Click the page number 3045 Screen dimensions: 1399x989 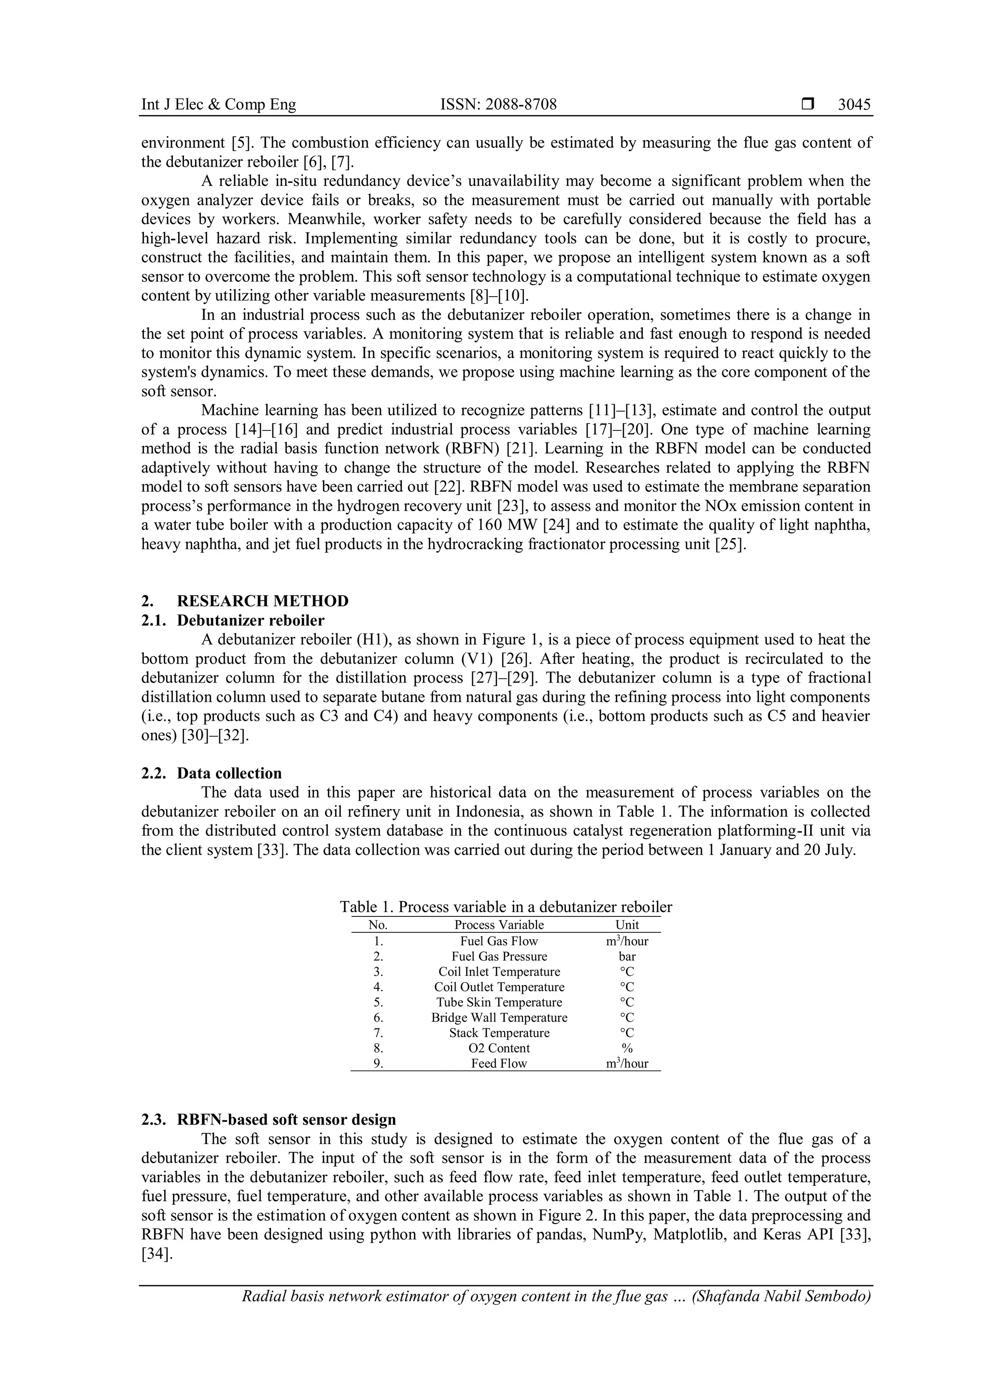point(854,105)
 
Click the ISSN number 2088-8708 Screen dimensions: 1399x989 point(498,105)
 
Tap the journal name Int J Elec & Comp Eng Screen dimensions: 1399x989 point(219,105)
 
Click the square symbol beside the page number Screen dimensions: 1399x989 point(808,105)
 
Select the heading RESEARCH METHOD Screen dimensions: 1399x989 point(263,601)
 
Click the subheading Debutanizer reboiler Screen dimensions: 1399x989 point(250,620)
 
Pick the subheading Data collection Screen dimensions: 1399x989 point(229,773)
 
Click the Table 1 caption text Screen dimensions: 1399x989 point(506,907)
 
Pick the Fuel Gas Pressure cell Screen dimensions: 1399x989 point(499,956)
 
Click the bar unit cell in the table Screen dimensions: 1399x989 point(627,956)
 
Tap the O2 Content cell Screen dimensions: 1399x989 point(499,1048)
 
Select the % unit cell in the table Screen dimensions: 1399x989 point(627,1048)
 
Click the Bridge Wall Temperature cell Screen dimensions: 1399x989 point(499,1017)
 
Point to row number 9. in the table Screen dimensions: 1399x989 point(378,1063)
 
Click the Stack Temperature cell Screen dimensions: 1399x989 point(499,1033)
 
